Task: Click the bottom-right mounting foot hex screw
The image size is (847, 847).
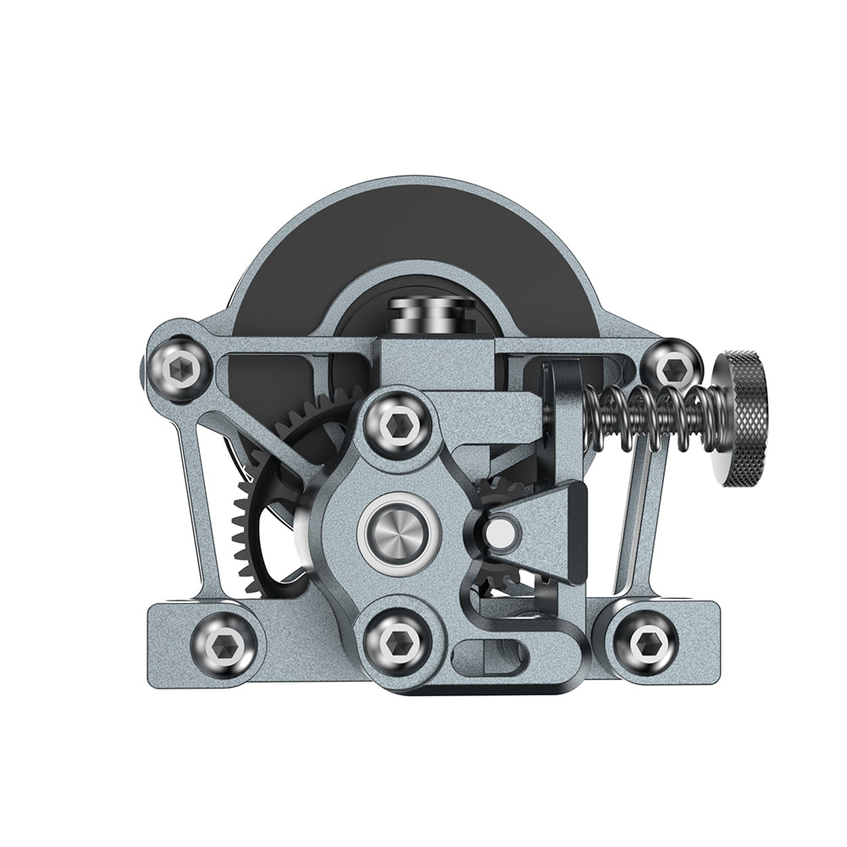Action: [x=644, y=641]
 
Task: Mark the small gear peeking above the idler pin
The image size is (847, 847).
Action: [x=500, y=491]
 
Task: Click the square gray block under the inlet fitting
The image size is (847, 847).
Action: [x=435, y=360]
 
